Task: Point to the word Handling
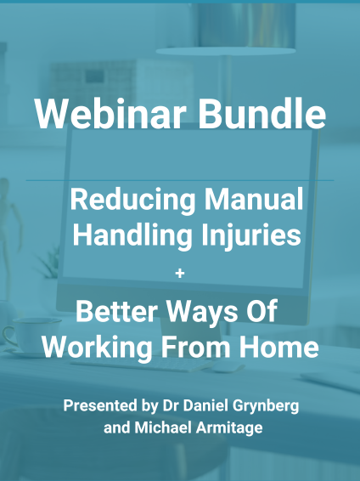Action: pos(125,235)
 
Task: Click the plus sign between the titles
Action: pos(178,274)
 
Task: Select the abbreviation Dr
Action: pos(171,405)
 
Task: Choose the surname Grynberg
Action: pos(270,405)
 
